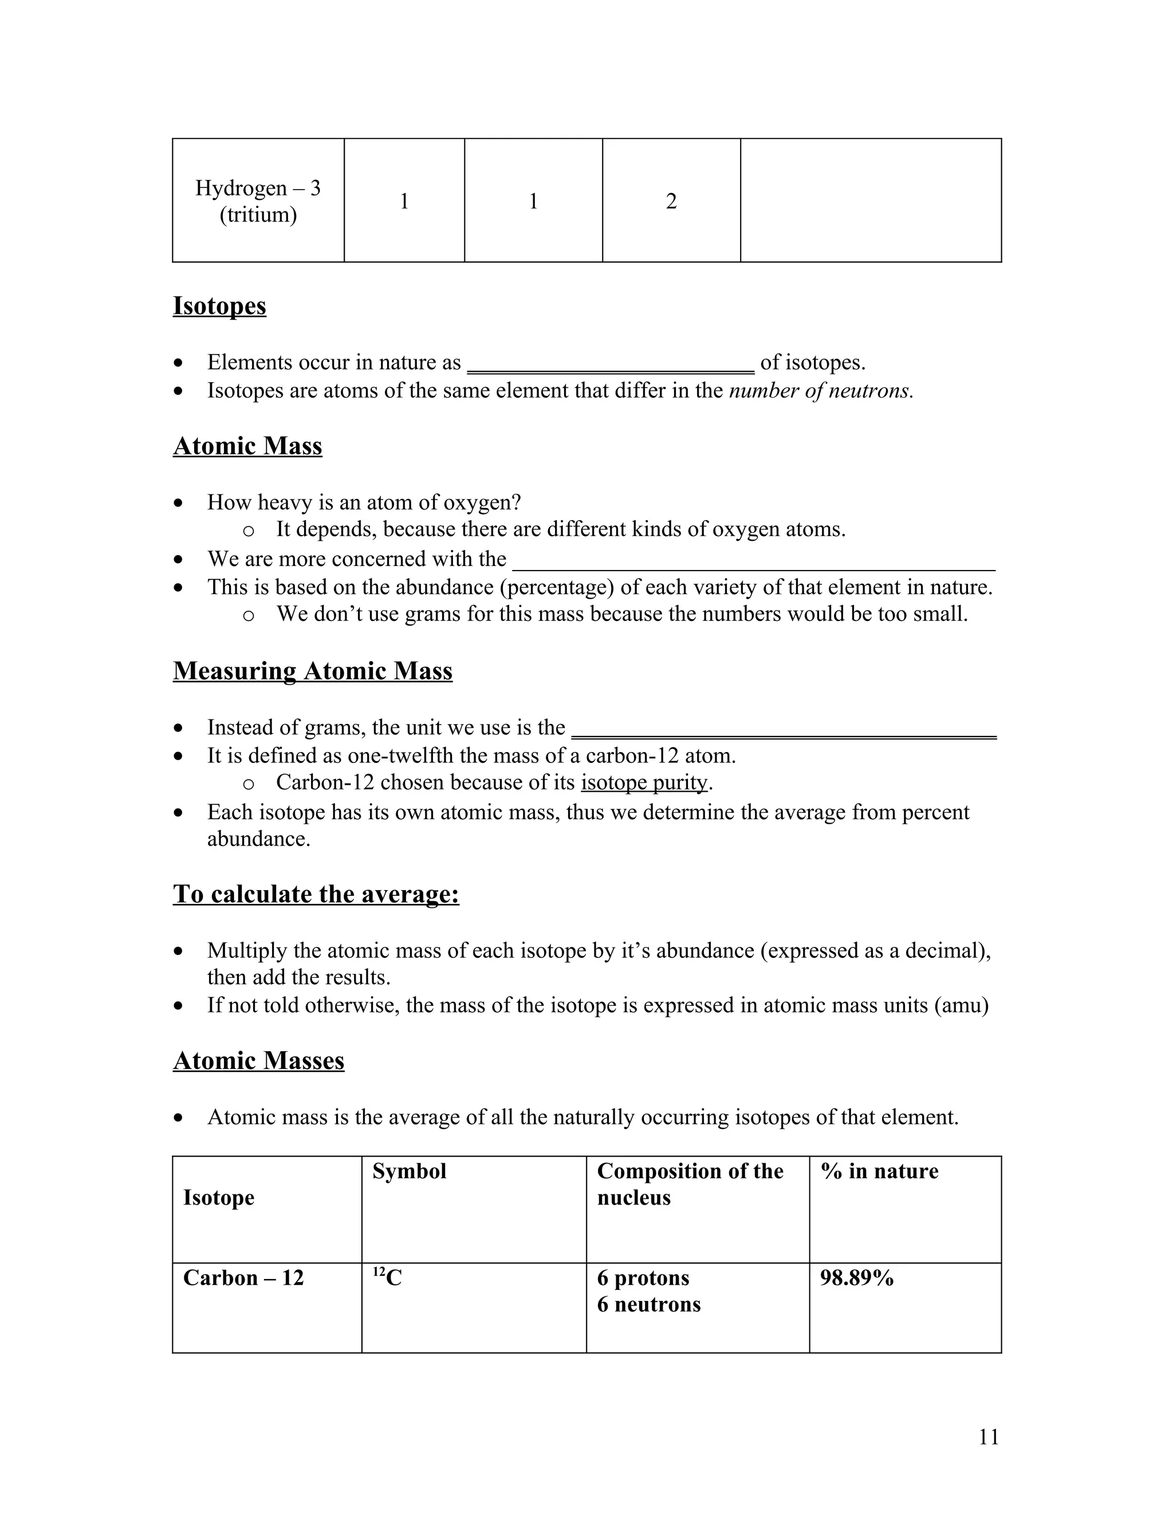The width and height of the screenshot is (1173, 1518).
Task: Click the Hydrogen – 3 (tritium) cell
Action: coord(258,201)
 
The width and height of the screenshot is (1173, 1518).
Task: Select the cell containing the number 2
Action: coord(671,202)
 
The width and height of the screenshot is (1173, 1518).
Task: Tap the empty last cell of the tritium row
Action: coord(870,201)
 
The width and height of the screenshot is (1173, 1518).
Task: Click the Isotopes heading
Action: coord(219,306)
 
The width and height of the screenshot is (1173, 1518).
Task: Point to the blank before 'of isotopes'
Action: coord(610,365)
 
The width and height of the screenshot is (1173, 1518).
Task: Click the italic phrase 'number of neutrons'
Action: coord(820,391)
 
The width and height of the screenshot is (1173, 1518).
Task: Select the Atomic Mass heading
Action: coord(247,446)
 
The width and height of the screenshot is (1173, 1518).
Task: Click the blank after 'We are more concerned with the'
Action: coord(753,561)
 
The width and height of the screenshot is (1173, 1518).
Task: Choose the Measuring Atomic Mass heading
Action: coord(313,671)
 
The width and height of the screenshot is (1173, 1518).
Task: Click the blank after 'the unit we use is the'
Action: coord(783,730)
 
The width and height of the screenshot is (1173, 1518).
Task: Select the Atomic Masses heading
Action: coord(258,1061)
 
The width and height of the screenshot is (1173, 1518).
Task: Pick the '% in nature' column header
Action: coord(879,1171)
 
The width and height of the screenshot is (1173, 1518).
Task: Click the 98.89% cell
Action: coord(856,1277)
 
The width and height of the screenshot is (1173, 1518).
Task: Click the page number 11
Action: coord(988,1437)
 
